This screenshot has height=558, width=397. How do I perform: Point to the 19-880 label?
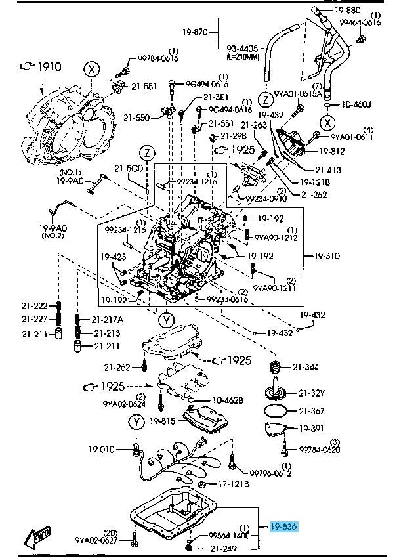point(346,10)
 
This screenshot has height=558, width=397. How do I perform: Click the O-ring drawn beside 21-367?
point(275,412)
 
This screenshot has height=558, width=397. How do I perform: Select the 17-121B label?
point(233,484)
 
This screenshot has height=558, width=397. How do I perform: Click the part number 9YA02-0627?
point(96,540)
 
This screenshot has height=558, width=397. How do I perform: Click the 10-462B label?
point(227,399)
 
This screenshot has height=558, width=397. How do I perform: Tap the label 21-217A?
point(108,320)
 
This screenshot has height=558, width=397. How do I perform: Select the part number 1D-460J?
point(356,104)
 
